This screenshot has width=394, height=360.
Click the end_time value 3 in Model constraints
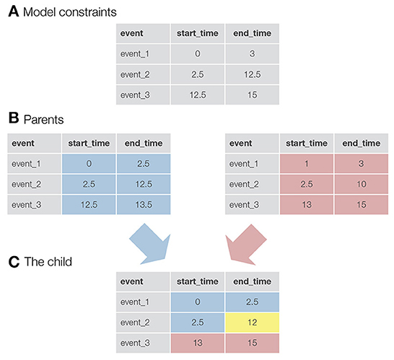[x=252, y=53]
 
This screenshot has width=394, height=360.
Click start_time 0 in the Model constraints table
[x=196, y=53]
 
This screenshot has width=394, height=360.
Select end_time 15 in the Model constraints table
[x=252, y=94]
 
